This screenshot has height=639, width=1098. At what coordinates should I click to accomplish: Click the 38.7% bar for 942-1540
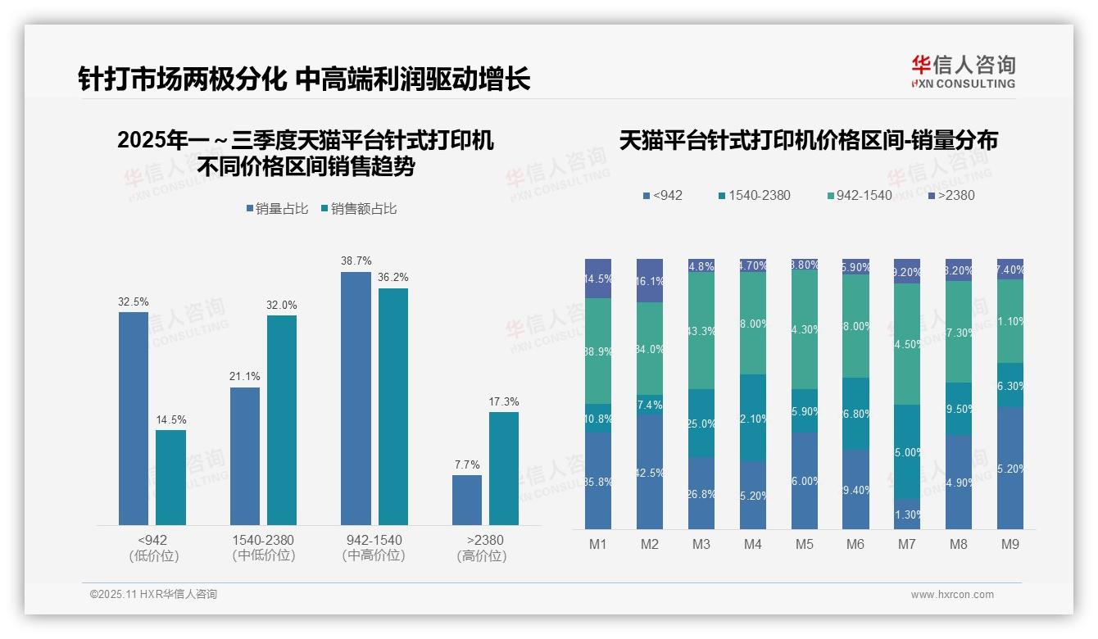356,398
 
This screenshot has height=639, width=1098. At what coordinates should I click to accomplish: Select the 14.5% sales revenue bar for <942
170,477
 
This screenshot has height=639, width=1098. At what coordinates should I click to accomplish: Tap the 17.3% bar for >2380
504,468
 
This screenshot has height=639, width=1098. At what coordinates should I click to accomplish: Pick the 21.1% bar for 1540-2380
245,455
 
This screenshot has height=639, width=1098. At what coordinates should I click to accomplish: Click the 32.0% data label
282,305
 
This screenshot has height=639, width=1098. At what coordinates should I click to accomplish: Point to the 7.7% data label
467,465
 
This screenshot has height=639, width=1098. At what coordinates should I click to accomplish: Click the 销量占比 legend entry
277,209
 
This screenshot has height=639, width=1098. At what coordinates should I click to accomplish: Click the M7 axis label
907,544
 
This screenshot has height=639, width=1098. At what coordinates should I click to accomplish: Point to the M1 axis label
598,544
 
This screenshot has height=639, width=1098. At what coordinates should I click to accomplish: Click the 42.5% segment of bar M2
650,472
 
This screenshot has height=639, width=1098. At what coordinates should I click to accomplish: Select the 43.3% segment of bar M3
701,330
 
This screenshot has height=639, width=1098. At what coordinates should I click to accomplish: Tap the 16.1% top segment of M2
650,280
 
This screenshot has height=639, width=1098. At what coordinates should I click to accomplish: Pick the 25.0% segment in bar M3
701,423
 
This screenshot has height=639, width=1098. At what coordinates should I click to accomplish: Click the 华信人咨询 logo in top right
963,71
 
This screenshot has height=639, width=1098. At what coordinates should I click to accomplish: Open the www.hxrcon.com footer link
952,595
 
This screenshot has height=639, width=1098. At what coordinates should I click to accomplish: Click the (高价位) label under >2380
482,555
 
